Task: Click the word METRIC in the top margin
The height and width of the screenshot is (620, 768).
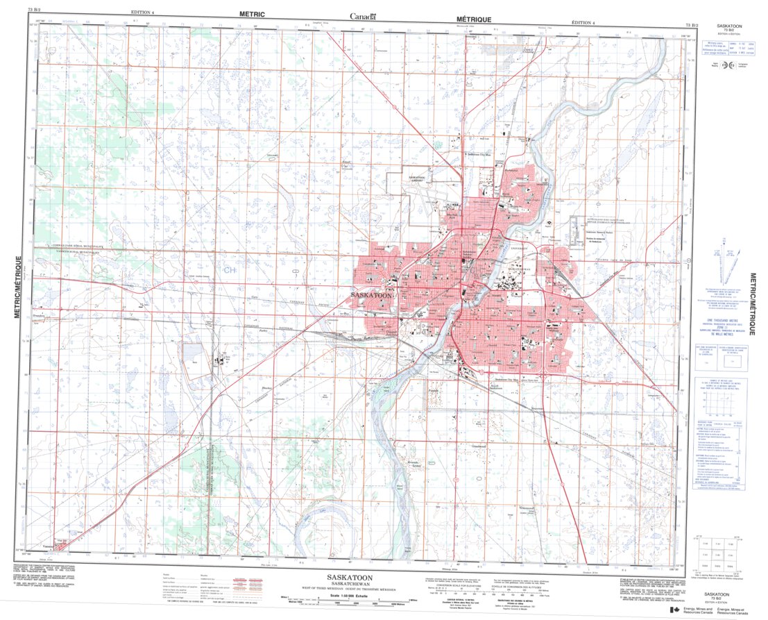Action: click(253, 14)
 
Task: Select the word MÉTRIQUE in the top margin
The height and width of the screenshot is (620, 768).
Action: click(474, 19)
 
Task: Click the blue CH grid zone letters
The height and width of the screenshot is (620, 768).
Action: click(229, 269)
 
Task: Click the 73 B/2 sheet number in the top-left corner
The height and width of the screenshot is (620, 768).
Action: click(34, 9)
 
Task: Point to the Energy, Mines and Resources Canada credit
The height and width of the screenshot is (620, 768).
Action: click(722, 611)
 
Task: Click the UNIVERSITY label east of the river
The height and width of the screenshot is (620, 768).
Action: click(520, 248)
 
